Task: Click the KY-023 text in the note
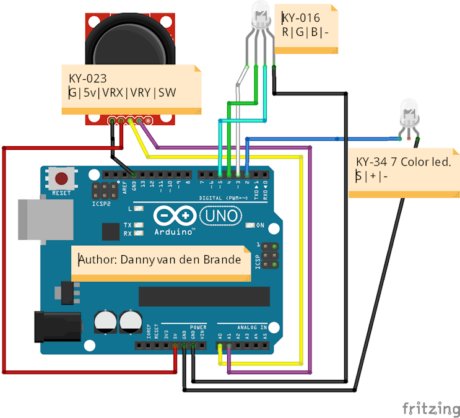[x=88, y=79]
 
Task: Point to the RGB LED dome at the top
[x=259, y=14]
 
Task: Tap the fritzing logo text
[x=427, y=408]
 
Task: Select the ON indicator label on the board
[x=261, y=225]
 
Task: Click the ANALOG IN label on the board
[x=251, y=327]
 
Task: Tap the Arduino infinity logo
[x=174, y=216]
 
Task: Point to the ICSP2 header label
[x=98, y=202]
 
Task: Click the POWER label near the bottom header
[x=198, y=327]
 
